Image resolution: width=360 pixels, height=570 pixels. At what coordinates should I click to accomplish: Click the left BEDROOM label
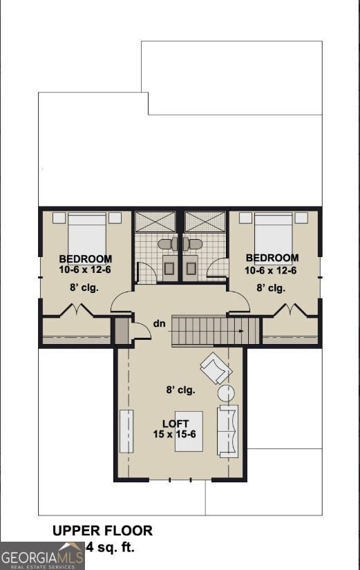point(86,260)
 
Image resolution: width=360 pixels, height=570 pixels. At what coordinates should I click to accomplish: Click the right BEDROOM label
point(272,258)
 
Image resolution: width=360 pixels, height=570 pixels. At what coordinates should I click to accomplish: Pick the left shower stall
point(155,222)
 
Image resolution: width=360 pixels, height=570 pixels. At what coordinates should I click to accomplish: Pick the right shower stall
point(205,222)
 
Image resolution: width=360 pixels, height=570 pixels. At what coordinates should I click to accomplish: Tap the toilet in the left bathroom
point(167,244)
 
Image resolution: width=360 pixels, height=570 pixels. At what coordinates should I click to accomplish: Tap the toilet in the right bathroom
point(193,244)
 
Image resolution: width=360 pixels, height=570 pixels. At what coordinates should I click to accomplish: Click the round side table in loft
point(227,394)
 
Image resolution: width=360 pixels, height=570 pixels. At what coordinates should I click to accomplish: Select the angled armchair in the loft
point(216,368)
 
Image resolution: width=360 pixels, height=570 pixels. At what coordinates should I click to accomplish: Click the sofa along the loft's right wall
point(227,430)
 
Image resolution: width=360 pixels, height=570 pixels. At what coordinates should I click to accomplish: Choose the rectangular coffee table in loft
point(189,430)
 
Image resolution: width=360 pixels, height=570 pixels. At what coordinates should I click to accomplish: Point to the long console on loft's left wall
point(126,430)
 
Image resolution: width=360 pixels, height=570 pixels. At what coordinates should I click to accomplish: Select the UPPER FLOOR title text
point(102,531)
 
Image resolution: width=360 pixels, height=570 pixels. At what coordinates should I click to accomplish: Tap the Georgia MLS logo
point(42,555)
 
